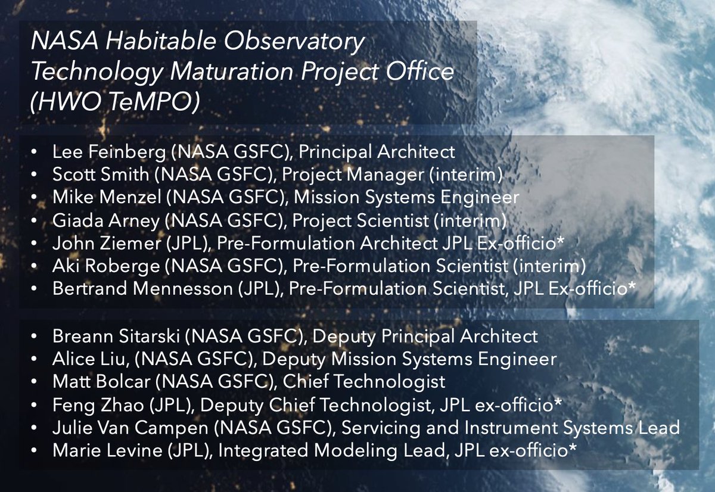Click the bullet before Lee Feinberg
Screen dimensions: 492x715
37,152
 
